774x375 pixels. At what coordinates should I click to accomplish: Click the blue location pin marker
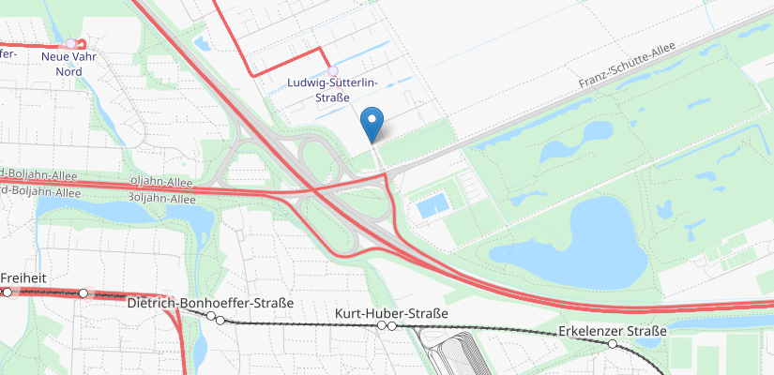(x=372, y=123)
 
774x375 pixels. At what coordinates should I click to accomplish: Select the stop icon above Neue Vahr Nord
(x=71, y=44)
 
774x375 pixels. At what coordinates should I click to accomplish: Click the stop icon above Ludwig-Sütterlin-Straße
(x=332, y=70)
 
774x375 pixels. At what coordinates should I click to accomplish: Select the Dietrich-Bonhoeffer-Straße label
(x=210, y=303)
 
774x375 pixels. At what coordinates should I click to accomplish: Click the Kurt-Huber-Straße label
(x=391, y=312)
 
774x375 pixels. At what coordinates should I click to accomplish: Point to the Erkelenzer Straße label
(x=612, y=331)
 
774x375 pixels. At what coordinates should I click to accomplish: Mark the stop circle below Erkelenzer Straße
(x=613, y=344)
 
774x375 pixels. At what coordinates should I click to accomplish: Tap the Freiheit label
(x=23, y=278)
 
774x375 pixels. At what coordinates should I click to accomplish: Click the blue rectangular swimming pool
(x=431, y=205)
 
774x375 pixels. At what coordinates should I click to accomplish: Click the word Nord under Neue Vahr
(x=69, y=71)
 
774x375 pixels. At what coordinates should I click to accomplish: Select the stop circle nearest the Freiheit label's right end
(x=83, y=293)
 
